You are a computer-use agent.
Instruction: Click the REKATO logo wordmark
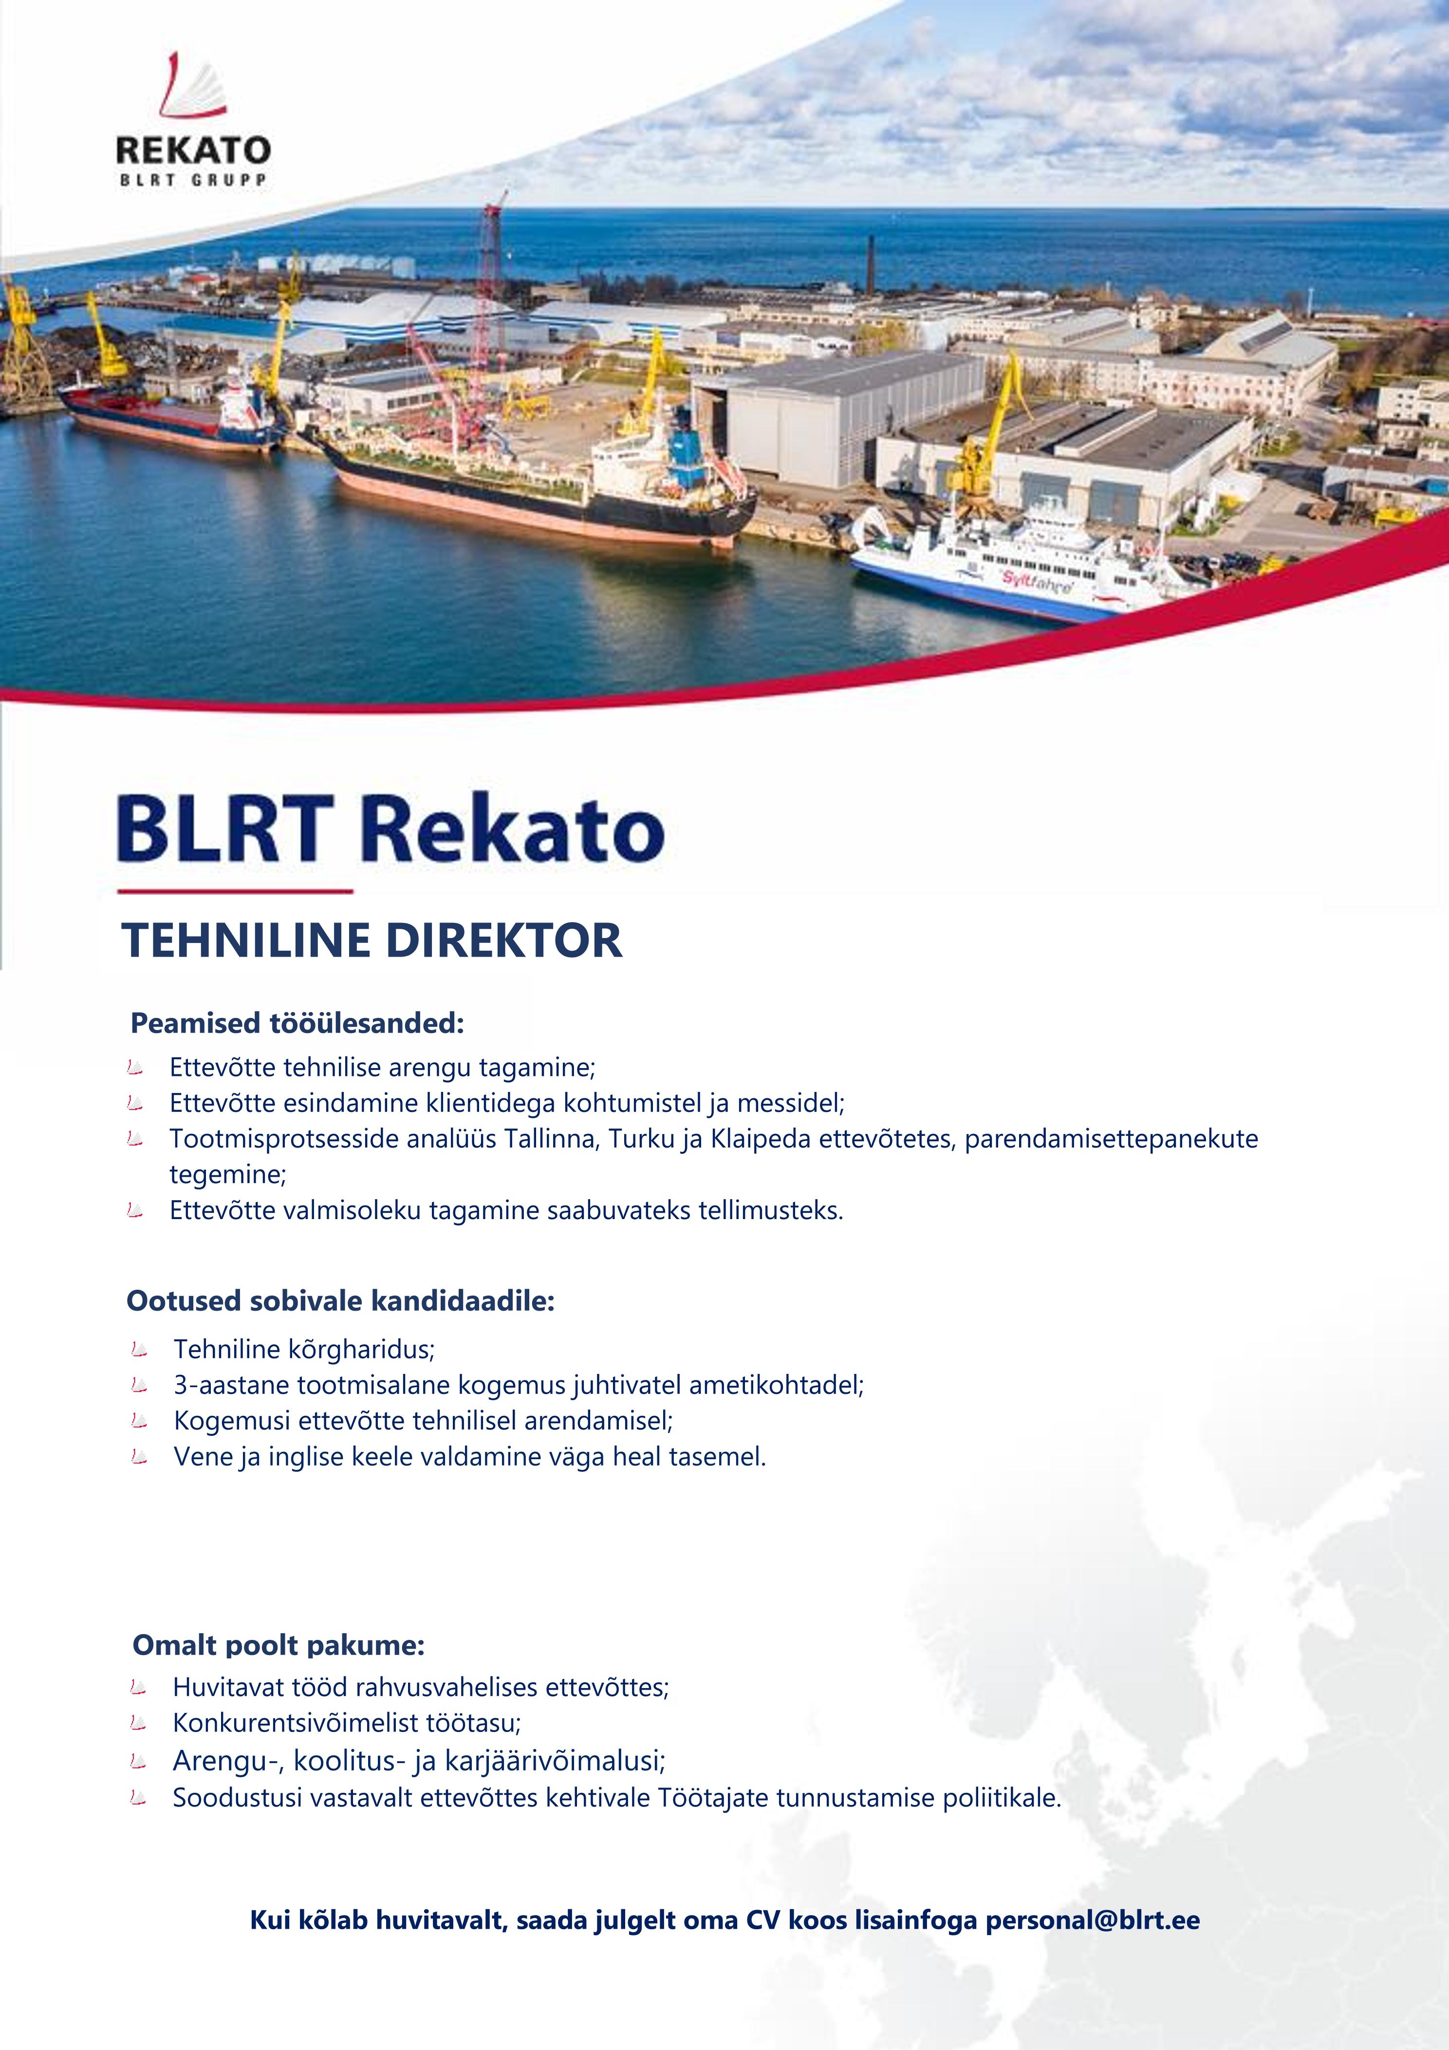(193, 149)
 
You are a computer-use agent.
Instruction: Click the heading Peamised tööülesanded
(297, 1022)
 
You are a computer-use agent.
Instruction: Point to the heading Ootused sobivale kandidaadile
(340, 1301)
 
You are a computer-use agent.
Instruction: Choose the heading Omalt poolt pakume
(279, 1645)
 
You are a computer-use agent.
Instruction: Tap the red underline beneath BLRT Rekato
(236, 891)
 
